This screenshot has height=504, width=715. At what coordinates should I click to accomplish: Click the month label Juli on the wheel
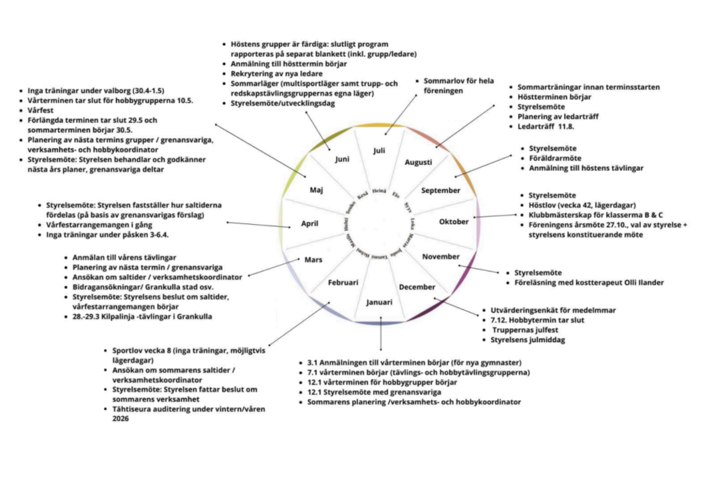pyautogui.click(x=379, y=150)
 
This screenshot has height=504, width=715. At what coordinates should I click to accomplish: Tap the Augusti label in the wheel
pyautogui.click(x=418, y=162)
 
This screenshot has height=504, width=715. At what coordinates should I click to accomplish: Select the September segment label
pyautogui.click(x=441, y=190)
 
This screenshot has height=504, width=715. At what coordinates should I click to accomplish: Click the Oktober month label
pyautogui.click(x=454, y=222)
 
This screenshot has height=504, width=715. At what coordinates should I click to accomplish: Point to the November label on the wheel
pyautogui.click(x=441, y=256)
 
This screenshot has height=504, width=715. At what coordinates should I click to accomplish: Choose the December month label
pyautogui.click(x=417, y=286)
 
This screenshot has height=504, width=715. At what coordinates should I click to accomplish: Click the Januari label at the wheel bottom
pyautogui.click(x=379, y=302)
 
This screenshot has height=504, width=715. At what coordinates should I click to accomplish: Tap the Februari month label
pyautogui.click(x=343, y=283)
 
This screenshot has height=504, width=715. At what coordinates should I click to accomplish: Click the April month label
pyautogui.click(x=309, y=224)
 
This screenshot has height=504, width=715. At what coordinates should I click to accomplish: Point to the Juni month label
pyautogui.click(x=342, y=159)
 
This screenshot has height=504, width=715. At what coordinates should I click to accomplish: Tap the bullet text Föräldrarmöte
pyautogui.click(x=556, y=158)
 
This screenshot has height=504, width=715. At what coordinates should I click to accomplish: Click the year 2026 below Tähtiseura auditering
pyautogui.click(x=121, y=419)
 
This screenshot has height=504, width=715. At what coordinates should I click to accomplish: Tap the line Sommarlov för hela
pyautogui.click(x=459, y=81)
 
